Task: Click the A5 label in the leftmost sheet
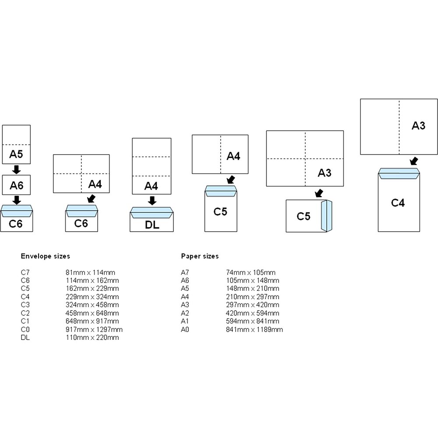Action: coord(16,154)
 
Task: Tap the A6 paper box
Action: coord(16,185)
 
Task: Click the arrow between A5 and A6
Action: coord(16,169)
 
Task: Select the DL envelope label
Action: coord(152,225)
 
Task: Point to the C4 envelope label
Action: coord(398,202)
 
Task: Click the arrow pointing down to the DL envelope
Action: coord(152,200)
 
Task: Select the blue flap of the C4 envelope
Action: coord(399,173)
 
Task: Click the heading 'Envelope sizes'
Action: coord(45,256)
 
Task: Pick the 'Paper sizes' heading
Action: coord(200,256)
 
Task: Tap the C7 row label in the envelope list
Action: coord(25,272)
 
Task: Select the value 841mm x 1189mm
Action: coord(252,329)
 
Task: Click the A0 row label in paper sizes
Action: coord(185,329)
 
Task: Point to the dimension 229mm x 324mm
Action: coord(89,297)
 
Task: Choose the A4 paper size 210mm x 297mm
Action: coord(250,297)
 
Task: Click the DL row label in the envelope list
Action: coord(25,338)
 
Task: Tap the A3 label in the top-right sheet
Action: coord(418,126)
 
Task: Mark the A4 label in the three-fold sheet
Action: coord(151,186)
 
